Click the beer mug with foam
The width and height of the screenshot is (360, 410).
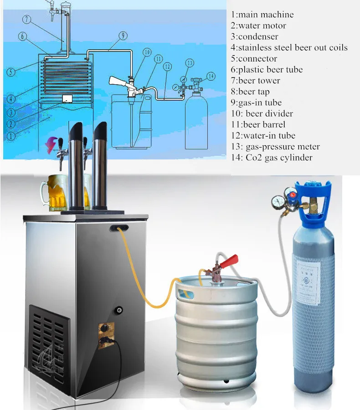click(x=54, y=194)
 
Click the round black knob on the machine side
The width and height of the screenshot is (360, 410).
click(x=120, y=310)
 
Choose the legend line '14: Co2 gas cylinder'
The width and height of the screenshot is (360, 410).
click(x=272, y=158)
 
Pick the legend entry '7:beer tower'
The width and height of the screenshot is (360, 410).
click(x=255, y=81)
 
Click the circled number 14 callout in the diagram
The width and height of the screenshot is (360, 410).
click(x=210, y=76)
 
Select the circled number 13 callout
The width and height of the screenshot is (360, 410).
click(x=190, y=63)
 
